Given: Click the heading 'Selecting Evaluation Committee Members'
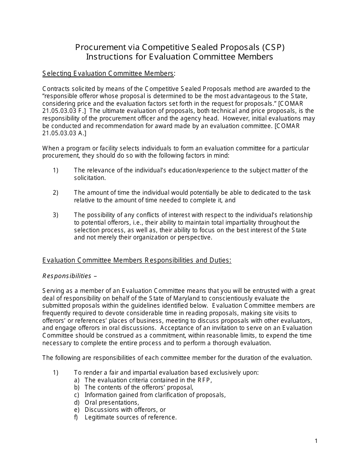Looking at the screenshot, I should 108,73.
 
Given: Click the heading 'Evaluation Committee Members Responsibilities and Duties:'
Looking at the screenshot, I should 137,260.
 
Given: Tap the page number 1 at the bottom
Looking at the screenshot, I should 316,441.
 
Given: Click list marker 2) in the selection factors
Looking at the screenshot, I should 55,193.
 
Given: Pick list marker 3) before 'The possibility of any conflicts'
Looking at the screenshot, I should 55,215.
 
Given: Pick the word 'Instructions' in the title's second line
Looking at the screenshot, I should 108,57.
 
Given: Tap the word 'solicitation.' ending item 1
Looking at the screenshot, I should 90,178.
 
